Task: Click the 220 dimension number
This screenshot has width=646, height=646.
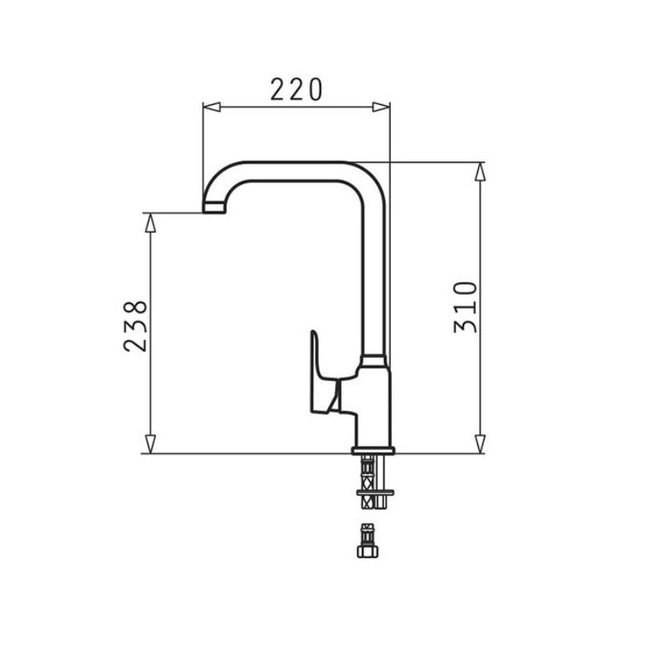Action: click(296, 90)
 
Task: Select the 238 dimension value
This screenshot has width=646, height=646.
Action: click(135, 326)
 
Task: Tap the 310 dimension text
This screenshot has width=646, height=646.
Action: click(466, 307)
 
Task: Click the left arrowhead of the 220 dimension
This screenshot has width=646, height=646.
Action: click(212, 107)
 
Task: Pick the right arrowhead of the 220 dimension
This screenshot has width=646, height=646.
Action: click(380, 107)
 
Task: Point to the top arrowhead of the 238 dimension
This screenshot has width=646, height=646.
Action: click(151, 223)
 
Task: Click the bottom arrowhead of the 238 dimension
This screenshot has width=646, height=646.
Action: click(151, 444)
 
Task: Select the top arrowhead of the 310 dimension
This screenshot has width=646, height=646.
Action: click(480, 171)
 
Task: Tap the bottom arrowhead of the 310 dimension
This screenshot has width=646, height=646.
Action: click(480, 444)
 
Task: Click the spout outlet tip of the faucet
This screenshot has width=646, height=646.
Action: click(214, 208)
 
